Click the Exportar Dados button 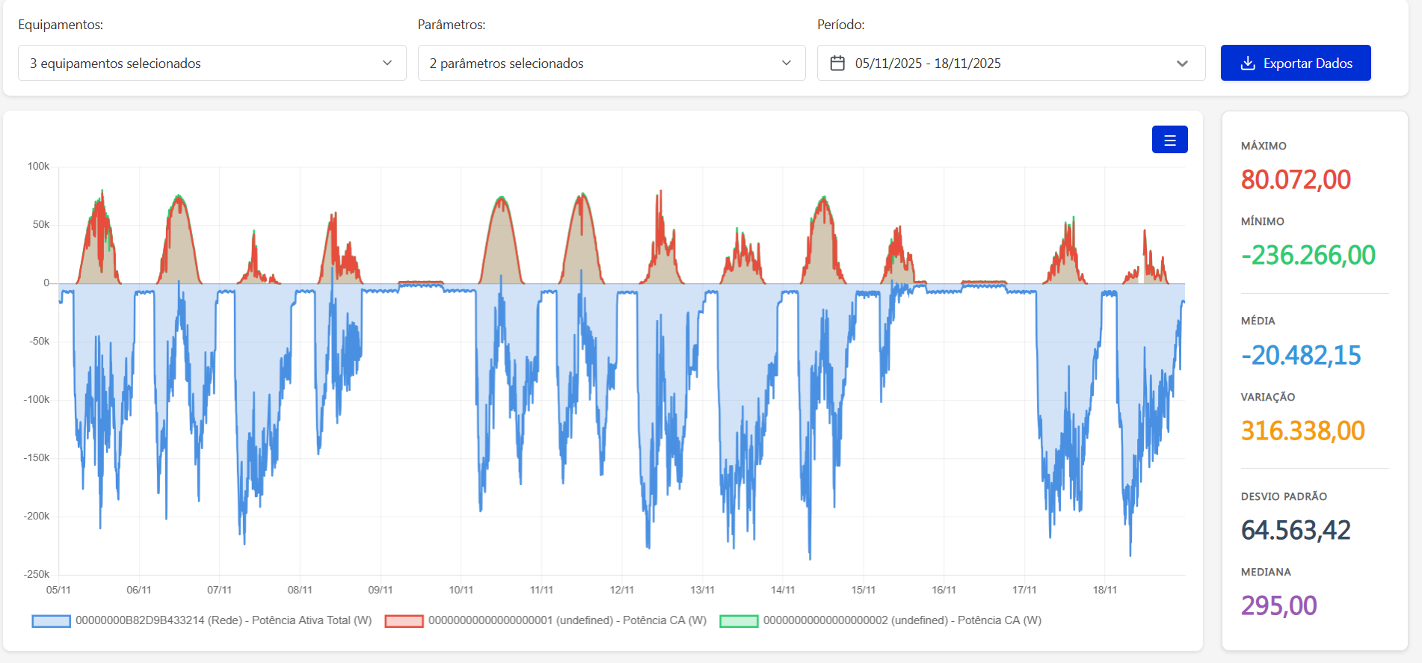coord(1295,63)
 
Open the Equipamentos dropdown coord(212,63)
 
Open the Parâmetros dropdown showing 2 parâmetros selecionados coord(611,63)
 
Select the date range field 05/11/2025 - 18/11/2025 coord(1010,63)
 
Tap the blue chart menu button coord(1169,140)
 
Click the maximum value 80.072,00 coord(1295,179)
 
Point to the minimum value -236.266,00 coord(1308,255)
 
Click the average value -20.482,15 coord(1300,355)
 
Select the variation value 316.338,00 coord(1302,431)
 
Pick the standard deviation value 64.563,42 coord(1295,530)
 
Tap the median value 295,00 coord(1278,605)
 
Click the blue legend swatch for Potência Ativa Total coord(51,620)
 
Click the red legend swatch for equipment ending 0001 coord(404,620)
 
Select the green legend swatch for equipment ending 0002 coord(739,620)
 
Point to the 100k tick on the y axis coord(38,166)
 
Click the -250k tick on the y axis coord(37,574)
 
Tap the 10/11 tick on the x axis coord(461,590)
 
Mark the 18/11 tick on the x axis coord(1104,590)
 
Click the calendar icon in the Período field coord(837,63)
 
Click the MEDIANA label coord(1265,572)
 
